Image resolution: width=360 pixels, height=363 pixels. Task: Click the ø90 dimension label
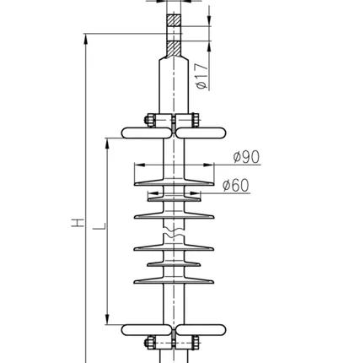[x=246, y=157]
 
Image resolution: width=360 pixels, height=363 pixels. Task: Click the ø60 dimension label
[x=236, y=185]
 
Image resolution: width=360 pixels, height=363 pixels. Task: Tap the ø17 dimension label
[x=202, y=76]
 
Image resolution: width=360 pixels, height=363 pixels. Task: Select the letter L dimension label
[x=99, y=226]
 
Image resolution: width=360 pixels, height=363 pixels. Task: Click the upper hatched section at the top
[x=174, y=20]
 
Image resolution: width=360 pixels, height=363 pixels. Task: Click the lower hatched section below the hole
[x=174, y=49]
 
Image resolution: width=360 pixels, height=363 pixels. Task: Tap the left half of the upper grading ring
[x=146, y=133]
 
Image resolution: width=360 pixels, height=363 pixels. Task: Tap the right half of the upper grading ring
[x=201, y=133]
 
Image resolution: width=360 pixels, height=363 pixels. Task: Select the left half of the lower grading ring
[x=146, y=330]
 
